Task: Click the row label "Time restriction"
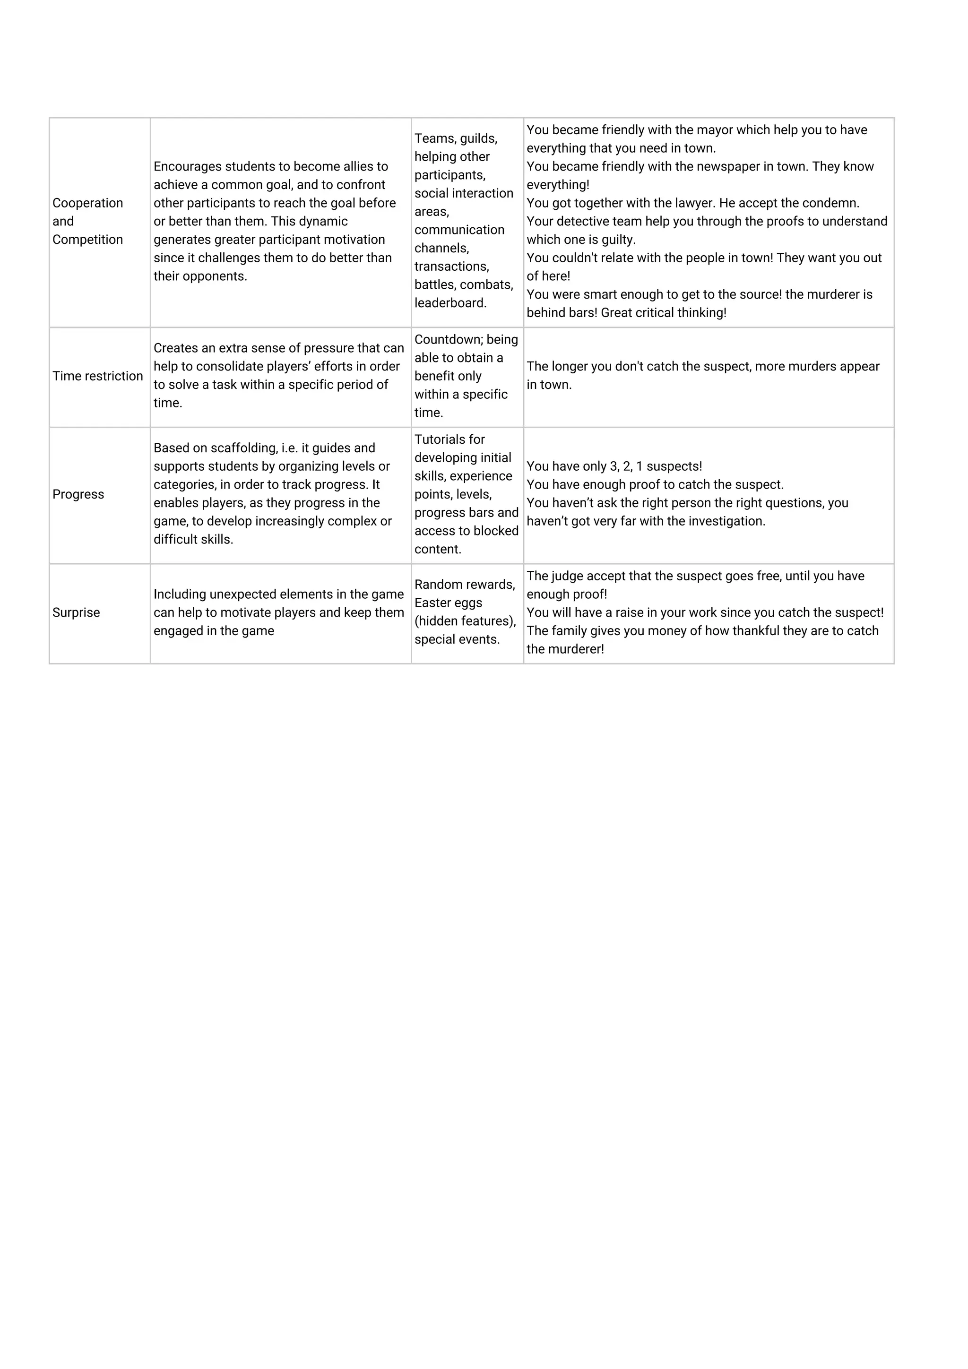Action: click(x=97, y=376)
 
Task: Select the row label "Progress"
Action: click(x=78, y=494)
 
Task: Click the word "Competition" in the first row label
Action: click(x=87, y=240)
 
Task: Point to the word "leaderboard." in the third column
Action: click(x=450, y=303)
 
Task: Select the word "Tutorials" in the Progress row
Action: click(x=440, y=439)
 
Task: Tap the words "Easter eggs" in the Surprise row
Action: click(x=448, y=603)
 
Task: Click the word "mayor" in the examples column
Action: click(x=715, y=130)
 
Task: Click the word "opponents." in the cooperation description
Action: click(x=216, y=276)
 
